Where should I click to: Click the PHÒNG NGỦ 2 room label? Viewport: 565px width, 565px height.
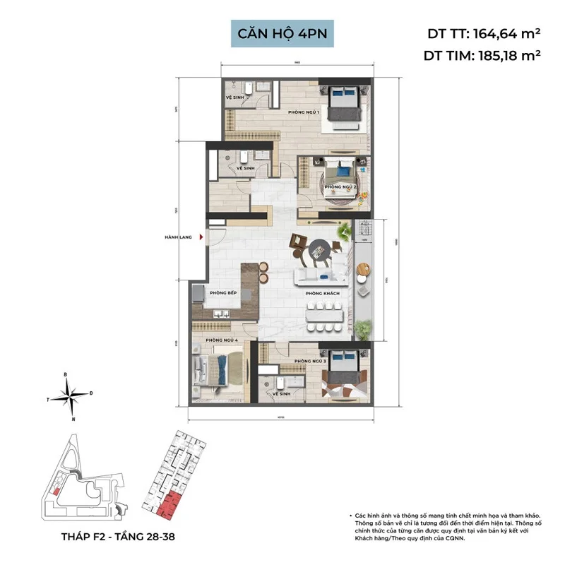coord(340,186)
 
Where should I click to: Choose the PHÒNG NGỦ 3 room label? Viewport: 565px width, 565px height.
coord(309,361)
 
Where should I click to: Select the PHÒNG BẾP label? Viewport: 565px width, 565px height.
coord(222,293)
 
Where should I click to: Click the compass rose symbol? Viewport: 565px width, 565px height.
coord(71,394)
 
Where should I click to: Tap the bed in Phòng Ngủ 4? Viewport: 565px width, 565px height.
coord(212,369)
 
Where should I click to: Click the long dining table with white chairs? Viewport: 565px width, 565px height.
coord(326,316)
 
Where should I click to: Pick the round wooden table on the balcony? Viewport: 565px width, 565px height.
coord(363,269)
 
